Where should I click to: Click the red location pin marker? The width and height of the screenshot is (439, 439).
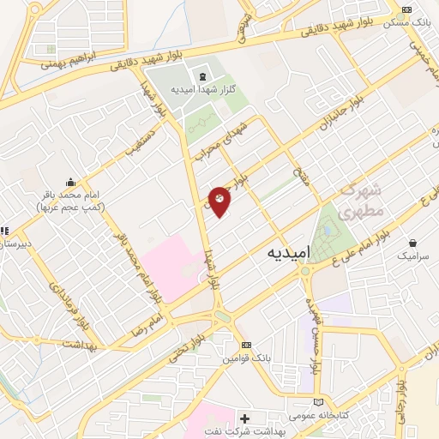(219, 201)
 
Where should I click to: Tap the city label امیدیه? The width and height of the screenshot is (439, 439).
(287, 253)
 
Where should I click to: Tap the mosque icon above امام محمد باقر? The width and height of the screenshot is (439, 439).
(70, 183)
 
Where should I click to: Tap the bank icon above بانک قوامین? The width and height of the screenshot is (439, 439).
(247, 345)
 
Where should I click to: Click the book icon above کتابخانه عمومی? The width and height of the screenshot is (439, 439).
(319, 401)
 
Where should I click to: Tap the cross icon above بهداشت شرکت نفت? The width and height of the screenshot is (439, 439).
(246, 418)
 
